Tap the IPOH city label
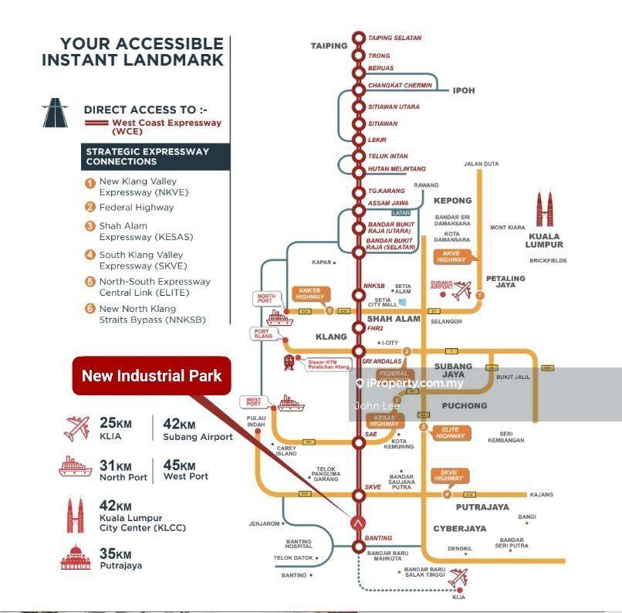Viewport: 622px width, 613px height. (x=463, y=90)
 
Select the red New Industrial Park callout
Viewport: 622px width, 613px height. (x=152, y=376)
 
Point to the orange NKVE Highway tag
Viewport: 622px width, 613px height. (x=451, y=256)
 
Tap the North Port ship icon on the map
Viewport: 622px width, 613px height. (x=279, y=317)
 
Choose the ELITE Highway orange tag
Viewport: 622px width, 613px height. (x=449, y=432)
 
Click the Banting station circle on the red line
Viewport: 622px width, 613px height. (x=358, y=547)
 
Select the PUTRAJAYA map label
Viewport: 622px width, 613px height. (x=482, y=507)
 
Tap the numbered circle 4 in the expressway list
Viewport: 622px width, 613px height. (x=90, y=255)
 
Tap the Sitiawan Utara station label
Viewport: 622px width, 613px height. (x=394, y=107)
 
